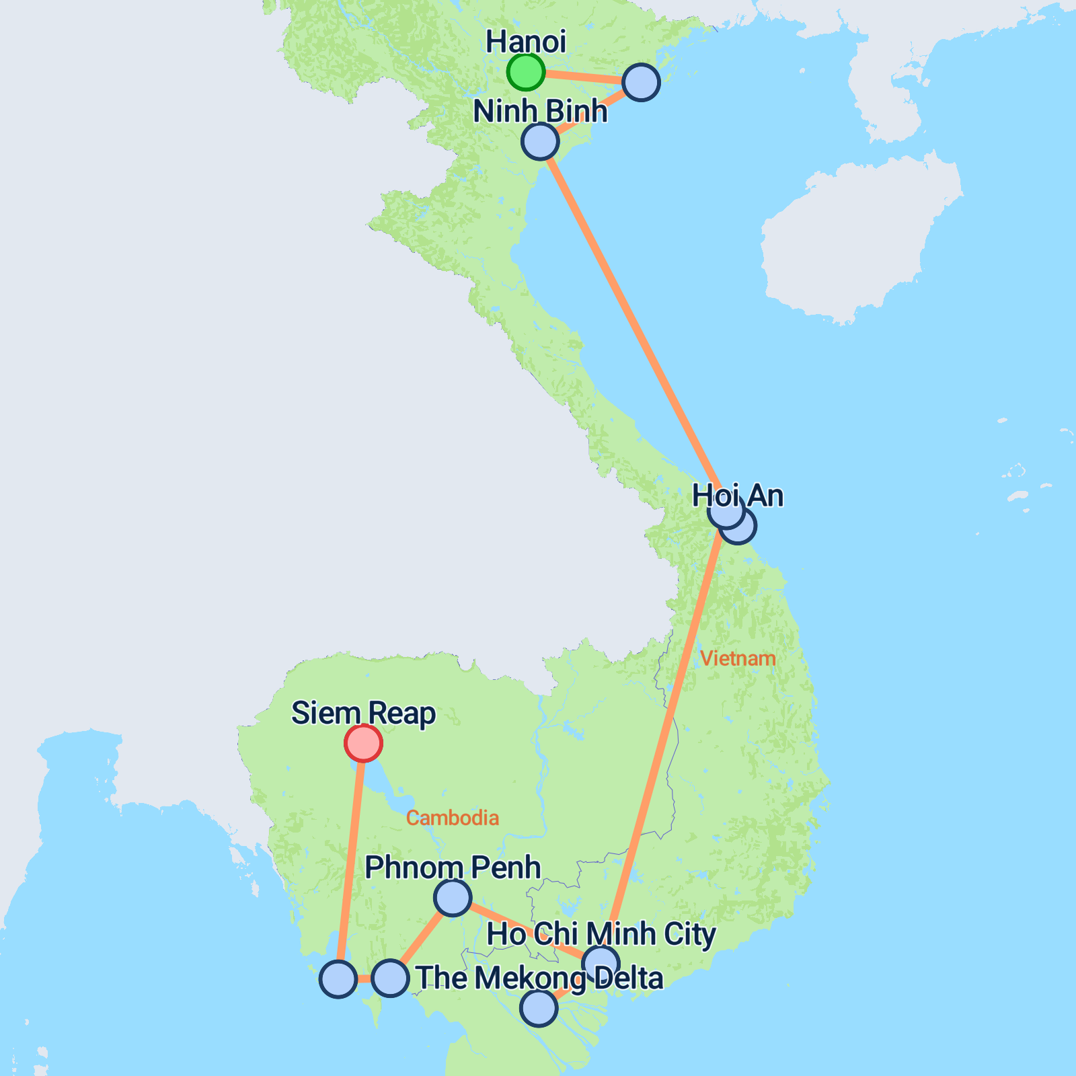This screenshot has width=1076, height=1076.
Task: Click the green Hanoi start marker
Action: point(525,72)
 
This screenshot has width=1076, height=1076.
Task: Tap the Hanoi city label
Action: point(525,42)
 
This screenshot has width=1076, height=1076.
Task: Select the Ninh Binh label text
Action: point(539,111)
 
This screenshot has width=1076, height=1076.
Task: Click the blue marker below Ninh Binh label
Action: point(540,141)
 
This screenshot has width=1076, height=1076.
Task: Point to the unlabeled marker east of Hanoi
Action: point(641,83)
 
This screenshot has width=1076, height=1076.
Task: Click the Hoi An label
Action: point(738,496)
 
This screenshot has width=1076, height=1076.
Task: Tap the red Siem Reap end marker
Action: point(363,743)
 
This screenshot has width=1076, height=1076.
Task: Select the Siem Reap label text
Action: point(363,713)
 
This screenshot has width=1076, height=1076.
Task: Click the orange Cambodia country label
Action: point(453,818)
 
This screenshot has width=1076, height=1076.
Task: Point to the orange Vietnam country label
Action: point(738,658)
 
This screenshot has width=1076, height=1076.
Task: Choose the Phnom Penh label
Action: point(453,868)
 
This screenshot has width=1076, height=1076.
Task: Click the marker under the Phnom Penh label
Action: point(453,897)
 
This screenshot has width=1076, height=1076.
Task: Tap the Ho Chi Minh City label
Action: point(601,934)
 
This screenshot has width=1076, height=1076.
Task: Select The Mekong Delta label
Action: point(539,978)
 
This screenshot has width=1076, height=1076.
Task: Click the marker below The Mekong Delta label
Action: point(539,1008)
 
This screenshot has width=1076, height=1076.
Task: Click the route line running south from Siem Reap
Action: point(351,861)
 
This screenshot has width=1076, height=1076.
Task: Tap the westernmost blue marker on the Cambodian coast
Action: point(338,979)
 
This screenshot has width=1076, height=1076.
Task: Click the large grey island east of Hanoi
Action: point(861,242)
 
